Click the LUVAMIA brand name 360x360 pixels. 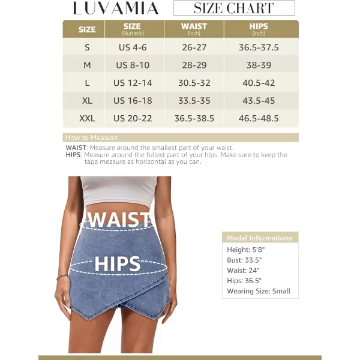(116, 8)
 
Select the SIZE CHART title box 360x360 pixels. (234, 8)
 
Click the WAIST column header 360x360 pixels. (194, 29)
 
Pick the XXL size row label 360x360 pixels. (87, 118)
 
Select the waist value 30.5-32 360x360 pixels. (194, 83)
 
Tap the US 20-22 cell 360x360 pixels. (133, 118)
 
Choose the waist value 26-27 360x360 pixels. (194, 47)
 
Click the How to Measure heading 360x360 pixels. (91, 137)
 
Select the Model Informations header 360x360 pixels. (260, 238)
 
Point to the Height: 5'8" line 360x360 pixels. (247, 250)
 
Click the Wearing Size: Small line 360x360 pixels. (258, 291)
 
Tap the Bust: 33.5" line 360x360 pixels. (244, 260)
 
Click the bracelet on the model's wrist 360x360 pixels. (62, 277)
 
